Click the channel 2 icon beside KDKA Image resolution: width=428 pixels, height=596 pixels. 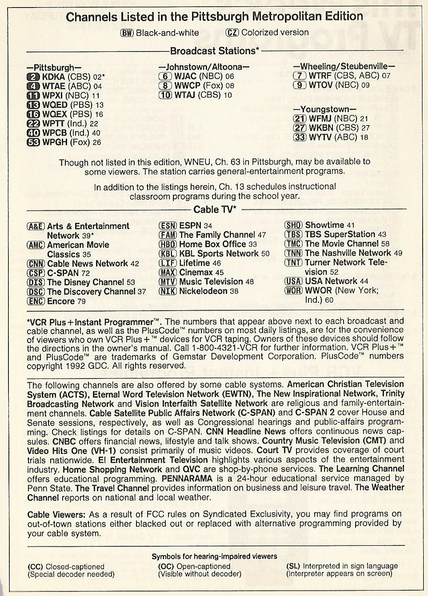click(x=34, y=77)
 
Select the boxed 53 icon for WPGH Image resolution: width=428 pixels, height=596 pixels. click(x=34, y=142)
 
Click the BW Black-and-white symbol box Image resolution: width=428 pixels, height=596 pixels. click(x=127, y=32)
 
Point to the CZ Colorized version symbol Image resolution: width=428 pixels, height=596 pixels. click(x=232, y=32)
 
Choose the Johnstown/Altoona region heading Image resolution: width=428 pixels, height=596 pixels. click(x=204, y=67)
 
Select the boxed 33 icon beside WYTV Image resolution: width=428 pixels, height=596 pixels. click(x=300, y=137)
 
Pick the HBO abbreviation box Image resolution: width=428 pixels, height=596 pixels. click(x=168, y=245)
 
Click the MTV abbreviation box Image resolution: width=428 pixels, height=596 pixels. click(x=168, y=282)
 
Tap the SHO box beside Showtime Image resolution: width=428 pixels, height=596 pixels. click(x=294, y=225)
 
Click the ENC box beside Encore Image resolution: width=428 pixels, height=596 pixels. click(x=36, y=302)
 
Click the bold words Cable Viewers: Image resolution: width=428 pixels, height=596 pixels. click(x=56, y=515)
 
